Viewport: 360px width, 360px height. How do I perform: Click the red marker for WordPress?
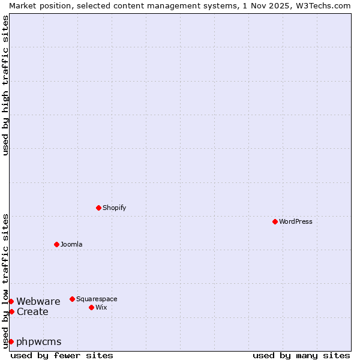pos(275,221)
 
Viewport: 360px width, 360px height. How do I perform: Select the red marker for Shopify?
pos(98,208)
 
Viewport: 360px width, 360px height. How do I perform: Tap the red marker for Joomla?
pos(56,244)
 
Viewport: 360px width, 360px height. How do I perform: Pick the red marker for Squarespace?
pos(72,299)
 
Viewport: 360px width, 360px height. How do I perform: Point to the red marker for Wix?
pos(91,307)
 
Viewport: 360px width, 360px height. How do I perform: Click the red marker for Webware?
pos(11,301)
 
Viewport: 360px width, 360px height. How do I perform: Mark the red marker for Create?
pos(11,311)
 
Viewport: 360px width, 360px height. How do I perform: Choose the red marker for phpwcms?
pos(11,341)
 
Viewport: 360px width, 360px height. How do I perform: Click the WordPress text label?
pos(296,221)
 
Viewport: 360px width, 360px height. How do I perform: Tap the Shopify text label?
pos(115,208)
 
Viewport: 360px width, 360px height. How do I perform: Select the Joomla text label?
pos(71,244)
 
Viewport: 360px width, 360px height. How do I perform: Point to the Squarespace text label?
pos(97,299)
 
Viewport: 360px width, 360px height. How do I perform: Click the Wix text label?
pos(101,307)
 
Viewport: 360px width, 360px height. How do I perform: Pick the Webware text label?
pos(38,301)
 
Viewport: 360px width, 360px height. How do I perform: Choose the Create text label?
pos(32,311)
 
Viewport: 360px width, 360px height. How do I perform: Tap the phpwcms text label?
pos(39,341)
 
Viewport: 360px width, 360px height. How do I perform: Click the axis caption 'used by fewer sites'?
pos(62,355)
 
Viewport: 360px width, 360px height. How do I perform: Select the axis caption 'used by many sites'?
pos(301,355)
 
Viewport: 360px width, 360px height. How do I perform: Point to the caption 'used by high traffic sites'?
pos(5,85)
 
